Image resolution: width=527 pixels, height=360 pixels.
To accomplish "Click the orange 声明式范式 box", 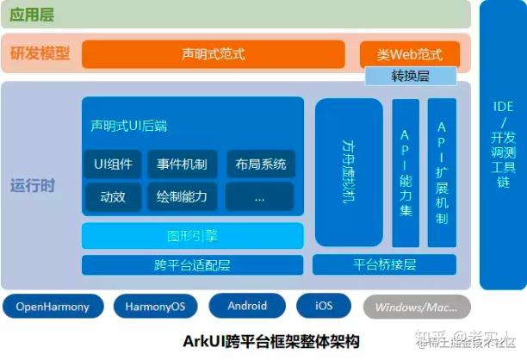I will pos(213,54).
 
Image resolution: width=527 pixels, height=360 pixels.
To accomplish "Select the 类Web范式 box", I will pos(410,54).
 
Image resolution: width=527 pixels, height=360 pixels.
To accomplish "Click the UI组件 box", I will pos(113,164).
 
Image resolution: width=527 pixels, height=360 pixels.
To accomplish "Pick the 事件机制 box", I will pos(182,164).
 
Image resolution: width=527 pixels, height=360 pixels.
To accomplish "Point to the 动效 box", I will pos(113,196).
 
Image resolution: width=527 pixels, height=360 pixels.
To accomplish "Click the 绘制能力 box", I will pos(182,196).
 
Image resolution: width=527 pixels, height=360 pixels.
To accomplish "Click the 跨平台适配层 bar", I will pos(193,264).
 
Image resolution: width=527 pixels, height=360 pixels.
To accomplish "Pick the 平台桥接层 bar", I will pos(385,264).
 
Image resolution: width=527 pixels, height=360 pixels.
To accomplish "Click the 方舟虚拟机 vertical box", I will pos(349,172).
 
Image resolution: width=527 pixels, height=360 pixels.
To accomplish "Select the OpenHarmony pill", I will pos(53,306).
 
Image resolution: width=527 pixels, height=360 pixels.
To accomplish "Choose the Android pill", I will pos(247,306).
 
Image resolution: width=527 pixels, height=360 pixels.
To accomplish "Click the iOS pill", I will pos(324,306).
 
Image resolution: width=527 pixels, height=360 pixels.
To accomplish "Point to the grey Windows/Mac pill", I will pos(417,307).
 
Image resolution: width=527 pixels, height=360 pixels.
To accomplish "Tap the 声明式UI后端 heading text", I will pos(128,126).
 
